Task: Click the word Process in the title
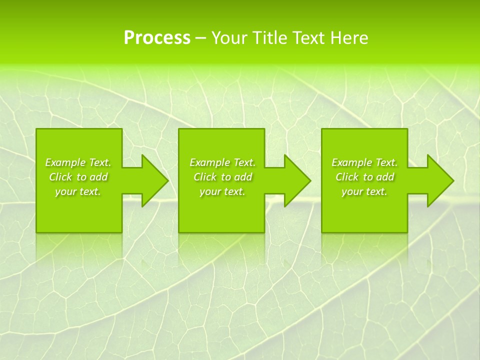click(157, 38)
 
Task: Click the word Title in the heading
click(269, 38)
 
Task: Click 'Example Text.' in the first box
click(78, 162)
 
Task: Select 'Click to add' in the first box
click(78, 177)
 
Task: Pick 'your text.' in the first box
click(78, 191)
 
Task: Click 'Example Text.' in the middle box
click(222, 162)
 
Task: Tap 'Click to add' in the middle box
click(222, 177)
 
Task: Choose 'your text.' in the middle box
click(222, 191)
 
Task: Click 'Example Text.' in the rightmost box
click(364, 162)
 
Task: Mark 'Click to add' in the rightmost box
click(364, 177)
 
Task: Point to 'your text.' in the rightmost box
click(364, 191)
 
